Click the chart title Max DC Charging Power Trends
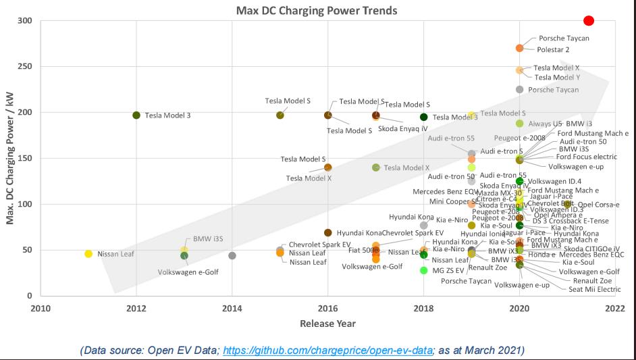(317, 11)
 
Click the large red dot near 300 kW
(589, 21)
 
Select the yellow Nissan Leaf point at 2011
(88, 254)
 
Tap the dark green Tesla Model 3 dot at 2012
(136, 115)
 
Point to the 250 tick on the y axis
(26, 67)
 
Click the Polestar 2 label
(553, 50)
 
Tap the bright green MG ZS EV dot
(424, 270)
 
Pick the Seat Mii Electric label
(594, 290)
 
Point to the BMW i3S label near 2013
(208, 239)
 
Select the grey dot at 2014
(232, 256)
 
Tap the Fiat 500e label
(364, 250)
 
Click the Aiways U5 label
(545, 124)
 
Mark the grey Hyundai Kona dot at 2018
(424, 226)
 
